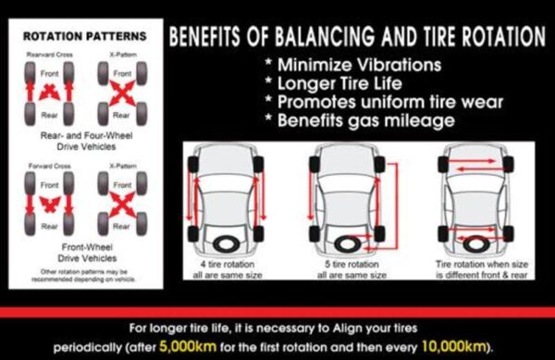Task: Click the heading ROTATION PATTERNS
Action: [x=84, y=37]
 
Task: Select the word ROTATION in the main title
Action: [x=494, y=37]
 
